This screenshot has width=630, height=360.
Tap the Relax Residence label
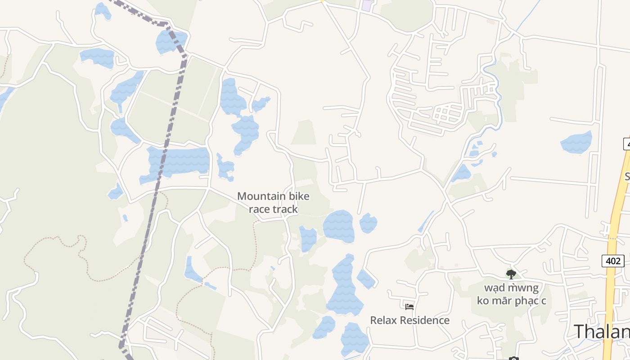(409, 320)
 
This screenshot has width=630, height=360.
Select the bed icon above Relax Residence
(409, 307)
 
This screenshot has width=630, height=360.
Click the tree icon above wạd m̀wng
(511, 274)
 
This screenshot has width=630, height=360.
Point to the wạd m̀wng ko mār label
(511, 294)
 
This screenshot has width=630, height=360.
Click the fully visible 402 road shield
(612, 261)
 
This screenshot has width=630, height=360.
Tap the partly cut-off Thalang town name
(601, 332)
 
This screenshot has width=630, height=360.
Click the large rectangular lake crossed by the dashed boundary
(180, 161)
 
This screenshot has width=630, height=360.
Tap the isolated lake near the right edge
(576, 142)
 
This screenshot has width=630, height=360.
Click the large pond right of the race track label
(338, 226)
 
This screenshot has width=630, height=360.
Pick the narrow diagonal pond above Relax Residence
(425, 221)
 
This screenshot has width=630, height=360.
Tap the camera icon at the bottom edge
(513, 358)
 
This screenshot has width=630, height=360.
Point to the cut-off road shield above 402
(626, 144)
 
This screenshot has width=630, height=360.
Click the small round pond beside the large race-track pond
(368, 223)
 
